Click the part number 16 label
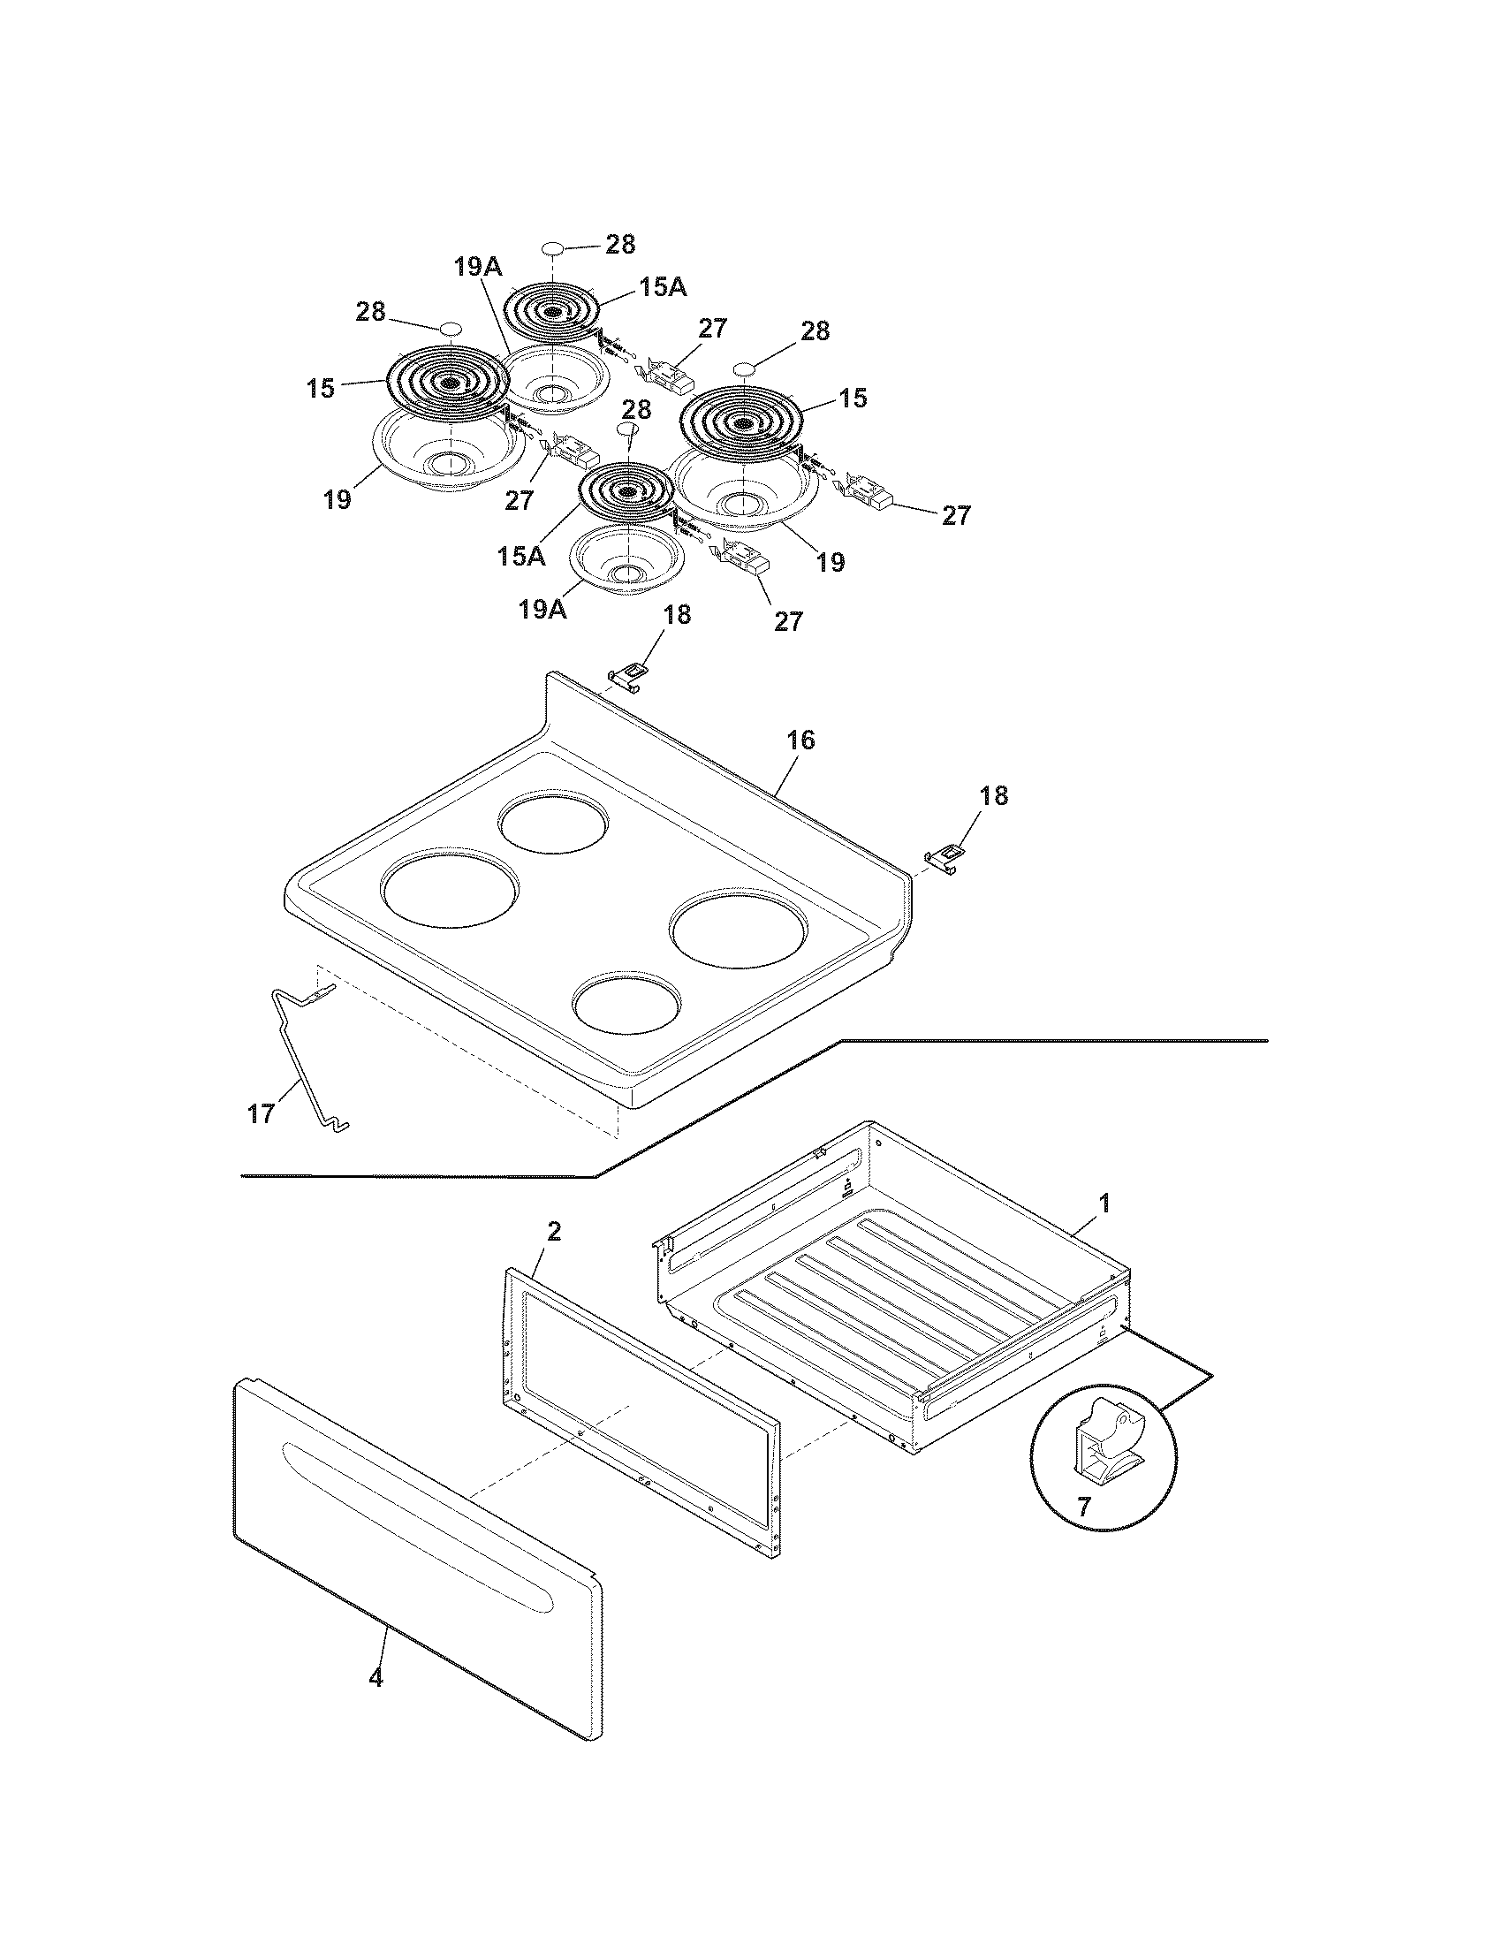click(800, 740)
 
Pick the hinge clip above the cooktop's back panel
click(629, 677)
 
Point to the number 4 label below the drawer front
click(375, 1679)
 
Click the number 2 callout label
click(553, 1232)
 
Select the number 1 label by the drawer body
click(1104, 1204)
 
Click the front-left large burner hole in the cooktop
click(450, 890)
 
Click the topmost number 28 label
click(620, 245)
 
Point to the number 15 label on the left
click(322, 388)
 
